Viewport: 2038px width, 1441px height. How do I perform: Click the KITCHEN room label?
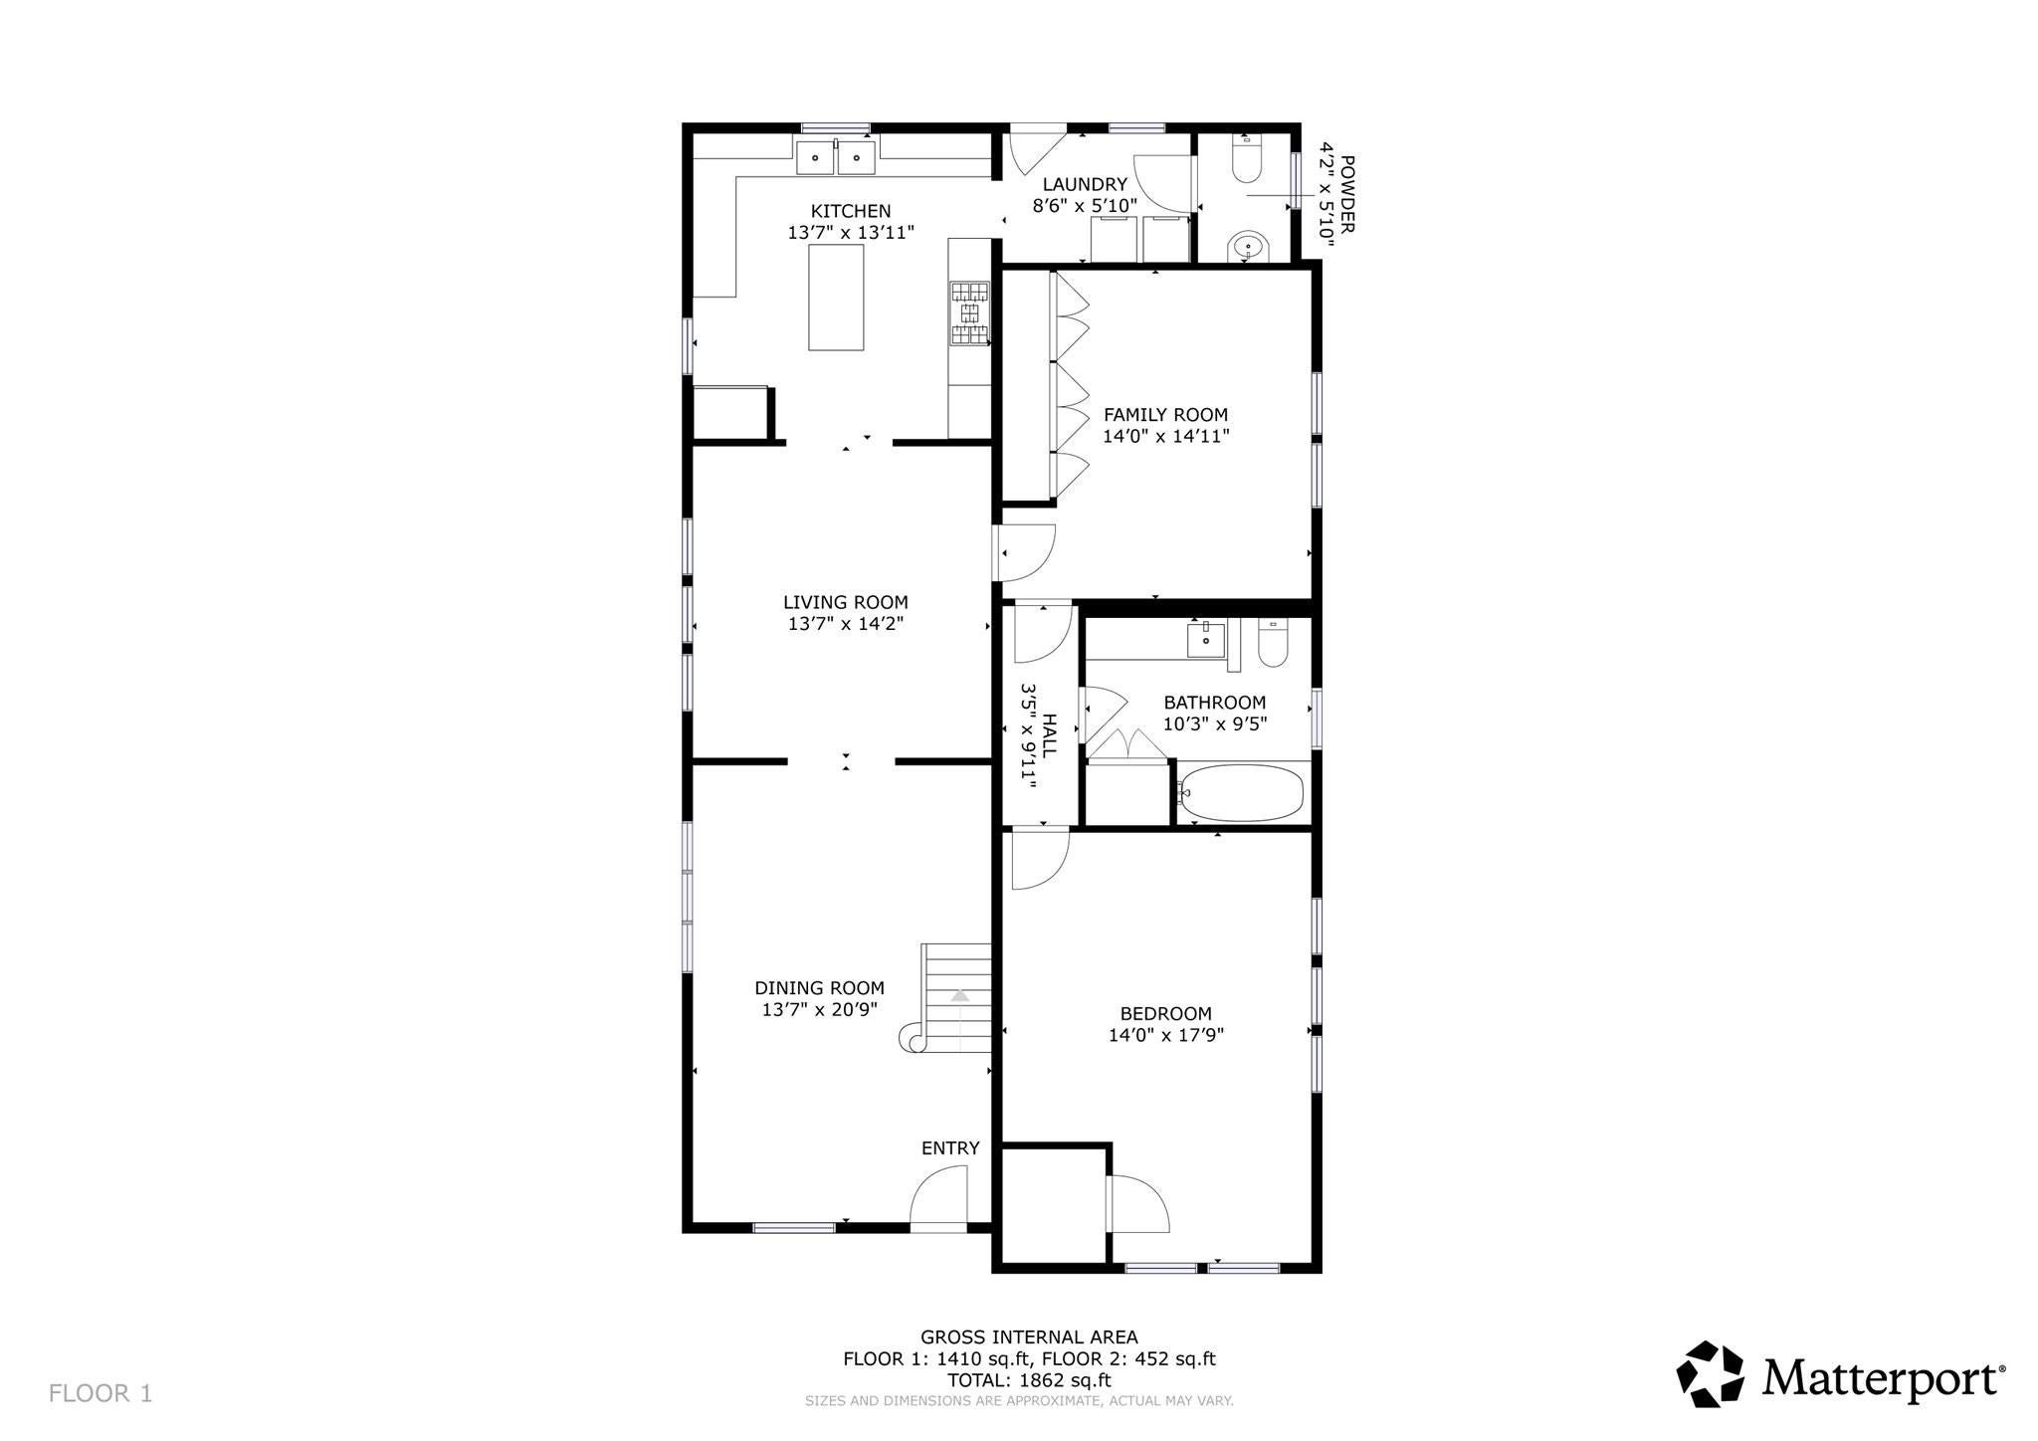[x=851, y=211]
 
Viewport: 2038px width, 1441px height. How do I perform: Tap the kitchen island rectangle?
[x=836, y=298]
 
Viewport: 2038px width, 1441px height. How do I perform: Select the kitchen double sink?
[x=835, y=157]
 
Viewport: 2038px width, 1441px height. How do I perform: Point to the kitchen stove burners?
[x=970, y=313]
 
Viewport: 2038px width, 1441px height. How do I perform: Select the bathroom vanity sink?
[x=1206, y=639]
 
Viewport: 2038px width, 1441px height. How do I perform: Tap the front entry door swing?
[x=939, y=1196]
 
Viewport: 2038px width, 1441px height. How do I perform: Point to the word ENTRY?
[x=950, y=1148]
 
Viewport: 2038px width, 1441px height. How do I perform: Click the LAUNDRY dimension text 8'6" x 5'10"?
[x=1085, y=206]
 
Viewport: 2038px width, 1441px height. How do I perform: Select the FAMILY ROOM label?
[x=1165, y=415]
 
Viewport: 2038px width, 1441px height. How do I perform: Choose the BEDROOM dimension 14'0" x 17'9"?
[x=1166, y=1035]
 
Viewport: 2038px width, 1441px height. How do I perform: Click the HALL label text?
[x=1050, y=736]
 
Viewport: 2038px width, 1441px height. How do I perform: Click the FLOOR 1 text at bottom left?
[x=101, y=1393]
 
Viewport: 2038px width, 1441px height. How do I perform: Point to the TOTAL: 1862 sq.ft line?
[x=1029, y=1380]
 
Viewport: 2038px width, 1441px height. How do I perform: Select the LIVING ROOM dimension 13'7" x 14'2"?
[x=846, y=624]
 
